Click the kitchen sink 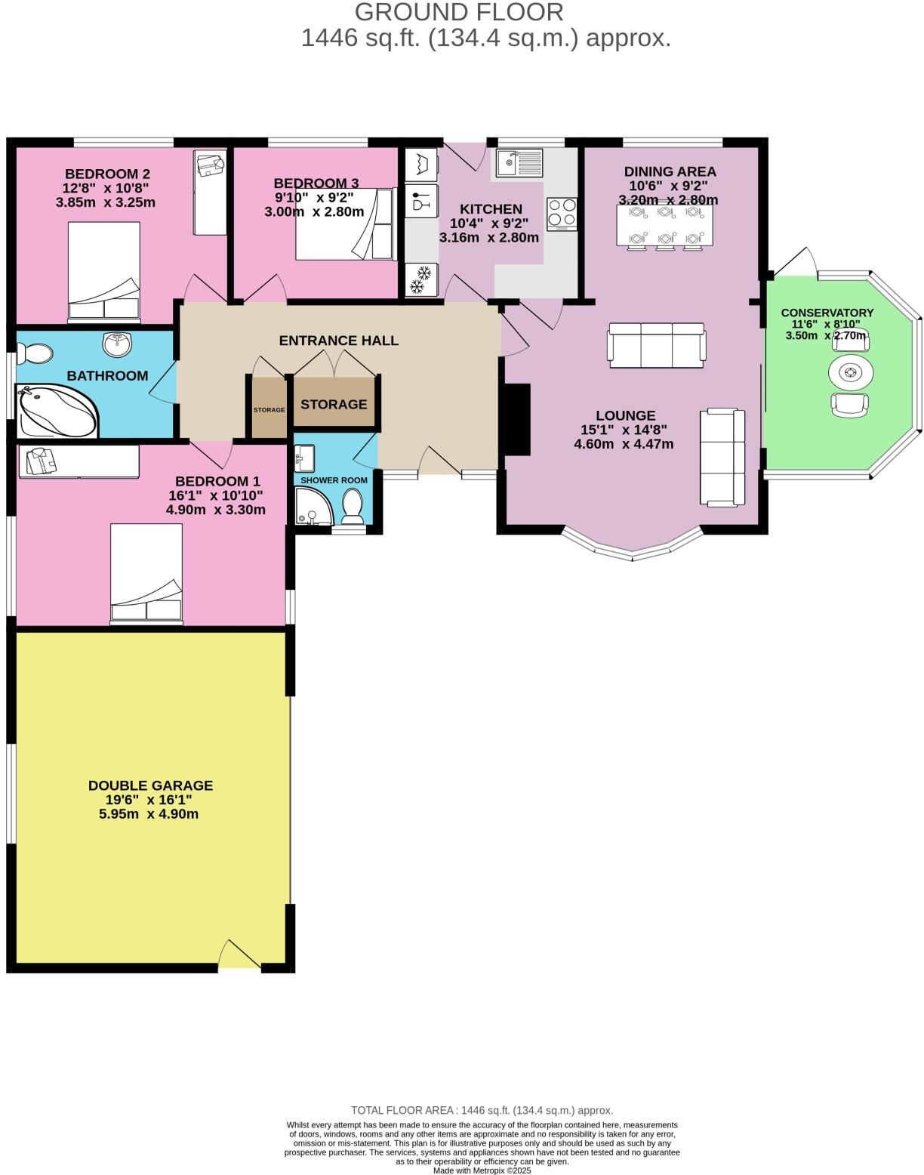click(519, 162)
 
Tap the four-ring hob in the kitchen click(562, 214)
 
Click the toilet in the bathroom click(35, 353)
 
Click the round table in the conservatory click(851, 372)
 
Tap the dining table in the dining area click(664, 226)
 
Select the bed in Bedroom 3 click(344, 224)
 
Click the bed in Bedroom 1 click(146, 574)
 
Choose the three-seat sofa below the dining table click(657, 345)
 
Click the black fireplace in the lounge click(517, 419)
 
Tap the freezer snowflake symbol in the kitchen click(420, 279)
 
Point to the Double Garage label click(150, 785)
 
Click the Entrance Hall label click(338, 341)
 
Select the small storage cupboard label click(269, 410)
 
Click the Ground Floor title click(459, 12)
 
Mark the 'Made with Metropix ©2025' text click(482, 1170)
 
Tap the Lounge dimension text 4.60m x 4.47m click(624, 444)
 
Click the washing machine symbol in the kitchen click(420, 164)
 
